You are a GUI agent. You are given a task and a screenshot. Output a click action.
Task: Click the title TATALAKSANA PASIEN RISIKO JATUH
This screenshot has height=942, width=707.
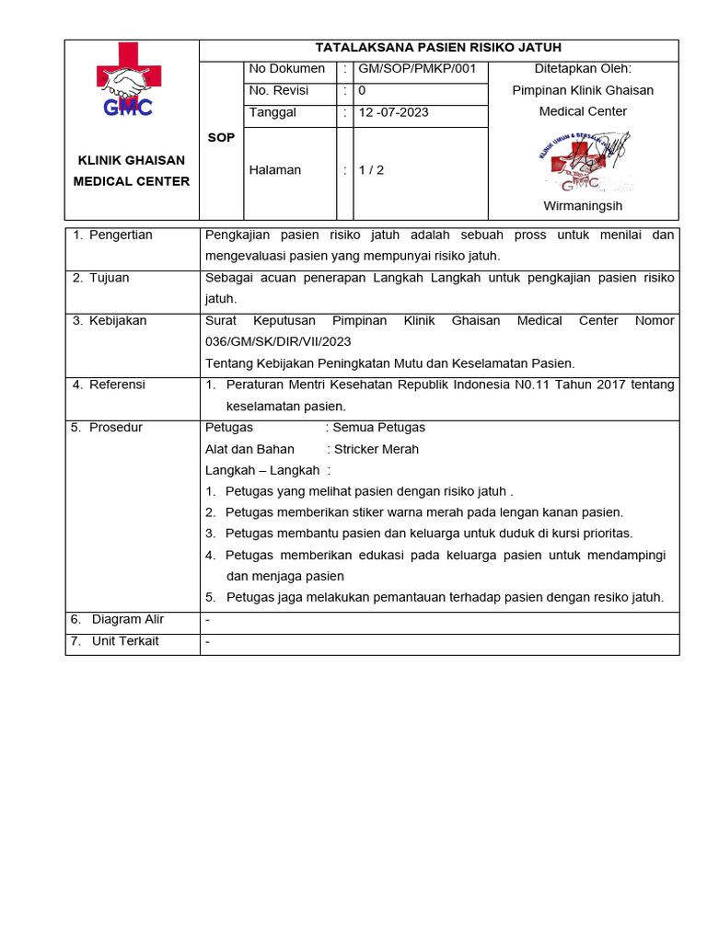click(x=438, y=48)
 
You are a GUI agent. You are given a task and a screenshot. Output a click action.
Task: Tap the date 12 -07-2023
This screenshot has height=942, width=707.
click(x=393, y=113)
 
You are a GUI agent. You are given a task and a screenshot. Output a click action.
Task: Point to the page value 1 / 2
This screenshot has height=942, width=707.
click(x=372, y=170)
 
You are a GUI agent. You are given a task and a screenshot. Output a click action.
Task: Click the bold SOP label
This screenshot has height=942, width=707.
click(x=221, y=137)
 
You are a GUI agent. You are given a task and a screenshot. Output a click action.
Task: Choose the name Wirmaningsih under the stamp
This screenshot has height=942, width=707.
click(x=583, y=206)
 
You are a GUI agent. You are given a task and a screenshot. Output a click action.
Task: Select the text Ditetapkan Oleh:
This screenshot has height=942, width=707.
click(x=583, y=69)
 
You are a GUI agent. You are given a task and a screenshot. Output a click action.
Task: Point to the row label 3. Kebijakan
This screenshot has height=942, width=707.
click(x=110, y=321)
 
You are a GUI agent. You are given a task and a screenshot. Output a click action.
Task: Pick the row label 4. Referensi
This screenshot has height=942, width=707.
click(x=109, y=385)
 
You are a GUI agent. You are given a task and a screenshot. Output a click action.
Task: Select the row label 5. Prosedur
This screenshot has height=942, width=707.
click(x=107, y=428)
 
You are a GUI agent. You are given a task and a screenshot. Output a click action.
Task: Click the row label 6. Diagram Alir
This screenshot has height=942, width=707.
click(x=117, y=620)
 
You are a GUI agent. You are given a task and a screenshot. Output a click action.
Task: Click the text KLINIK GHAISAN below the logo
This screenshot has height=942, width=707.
click(x=131, y=161)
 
